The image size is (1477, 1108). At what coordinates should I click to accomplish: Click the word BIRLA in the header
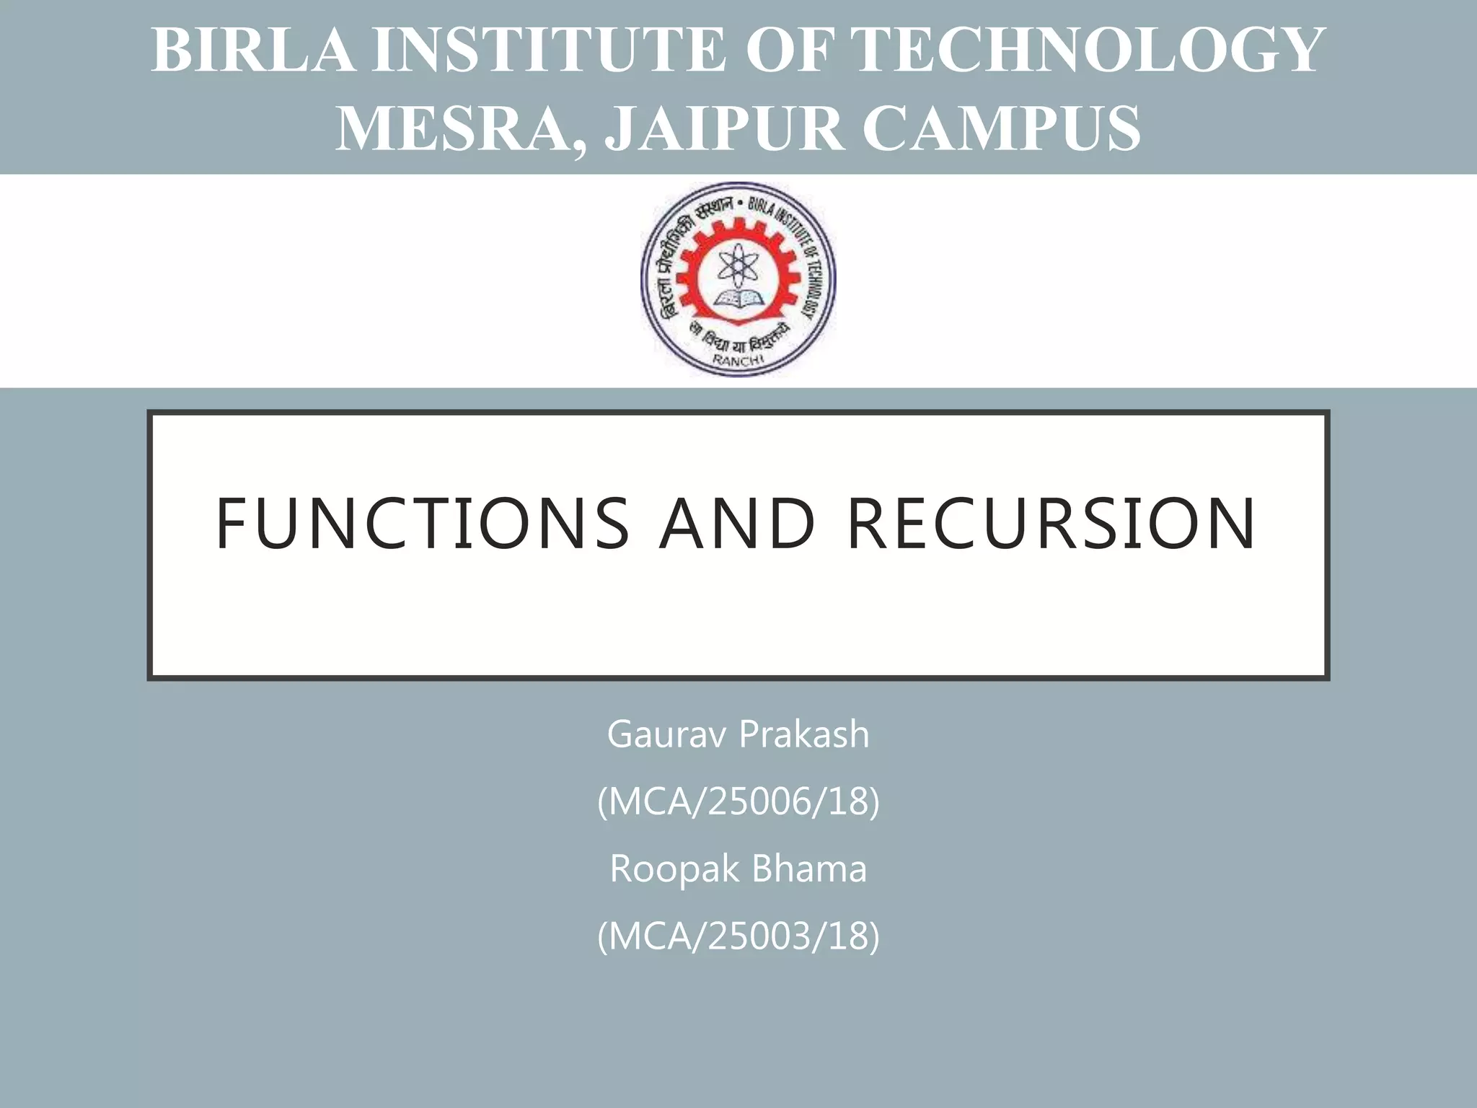coord(252,50)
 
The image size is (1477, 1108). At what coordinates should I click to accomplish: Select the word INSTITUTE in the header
coord(548,50)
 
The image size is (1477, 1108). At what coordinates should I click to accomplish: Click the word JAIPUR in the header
coord(725,128)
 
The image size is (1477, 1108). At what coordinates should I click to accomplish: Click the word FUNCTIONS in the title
coord(423,523)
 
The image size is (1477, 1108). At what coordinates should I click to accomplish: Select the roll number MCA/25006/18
coord(738,801)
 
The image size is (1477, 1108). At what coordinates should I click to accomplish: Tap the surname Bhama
coord(808,869)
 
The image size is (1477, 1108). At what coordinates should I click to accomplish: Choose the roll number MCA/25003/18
coord(738,936)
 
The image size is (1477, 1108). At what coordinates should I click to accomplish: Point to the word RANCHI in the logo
coord(738,361)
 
